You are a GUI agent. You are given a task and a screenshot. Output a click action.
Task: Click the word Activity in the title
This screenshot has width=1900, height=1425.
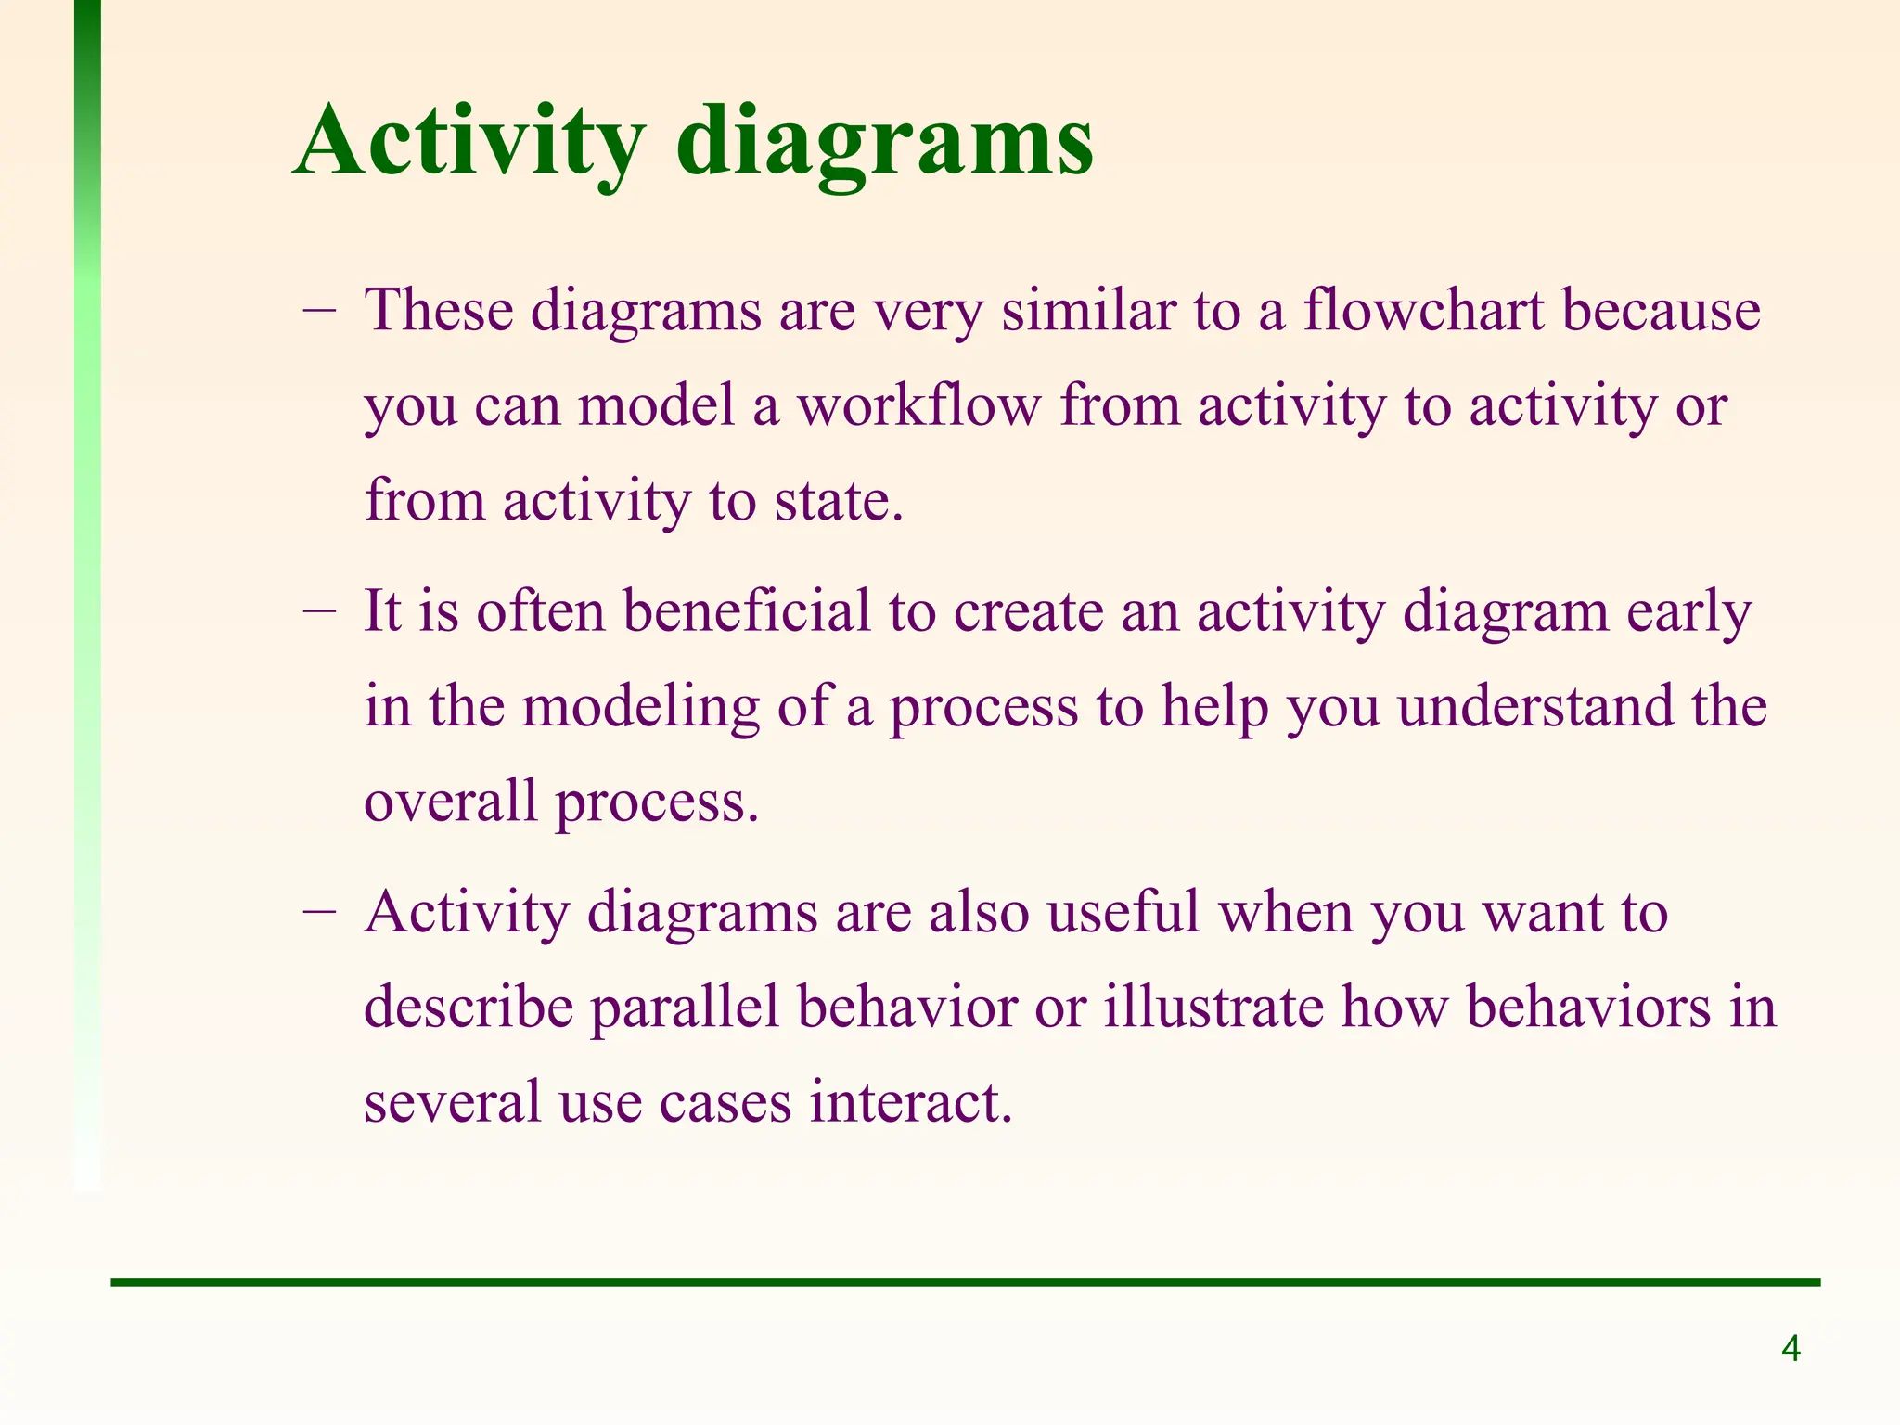tap(469, 141)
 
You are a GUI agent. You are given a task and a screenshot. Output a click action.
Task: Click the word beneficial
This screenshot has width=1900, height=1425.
tap(747, 611)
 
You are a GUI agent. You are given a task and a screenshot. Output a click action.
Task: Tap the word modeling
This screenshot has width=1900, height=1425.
tap(640, 707)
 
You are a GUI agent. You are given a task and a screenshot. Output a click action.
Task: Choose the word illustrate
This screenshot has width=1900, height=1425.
tap(1213, 1008)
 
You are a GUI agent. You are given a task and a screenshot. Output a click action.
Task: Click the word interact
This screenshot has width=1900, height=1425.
tap(910, 1102)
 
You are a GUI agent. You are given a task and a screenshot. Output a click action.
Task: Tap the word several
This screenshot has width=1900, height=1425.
tap(452, 1102)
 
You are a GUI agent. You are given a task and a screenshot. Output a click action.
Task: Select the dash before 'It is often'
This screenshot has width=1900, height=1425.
tap(319, 611)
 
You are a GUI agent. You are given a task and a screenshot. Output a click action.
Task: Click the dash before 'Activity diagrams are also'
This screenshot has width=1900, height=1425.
tap(319, 912)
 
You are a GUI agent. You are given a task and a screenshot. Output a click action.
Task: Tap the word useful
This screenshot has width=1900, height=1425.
tap(1123, 912)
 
